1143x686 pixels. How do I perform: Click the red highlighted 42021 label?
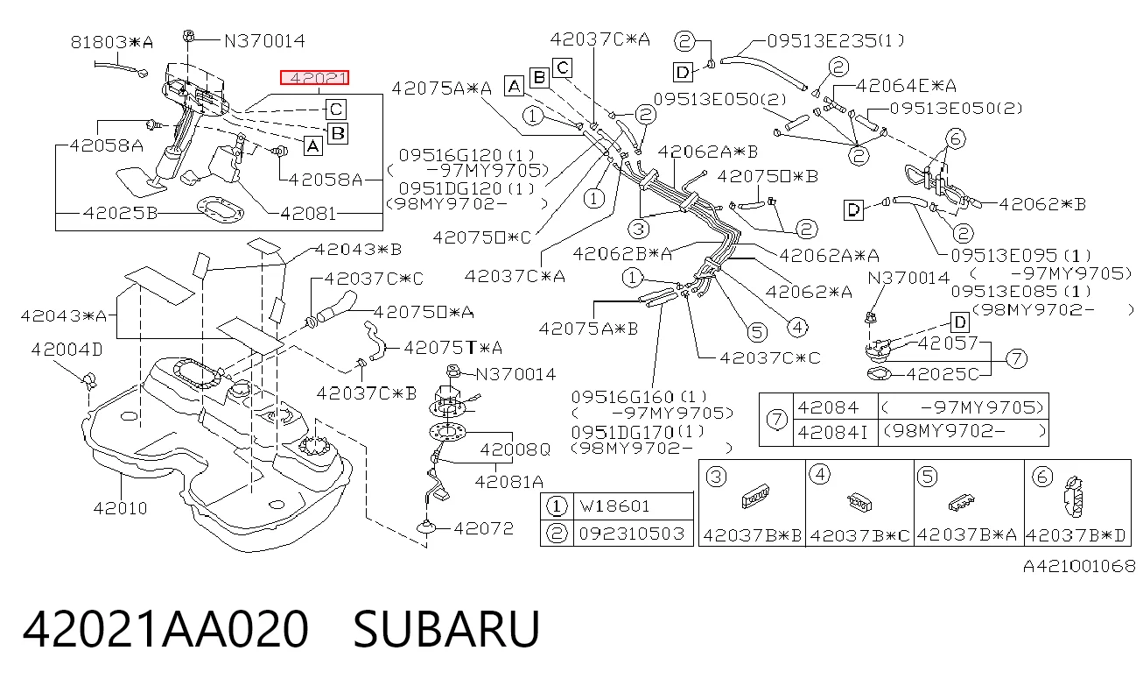coord(314,78)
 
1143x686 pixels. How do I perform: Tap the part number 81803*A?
coord(112,42)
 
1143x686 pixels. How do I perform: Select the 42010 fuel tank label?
coord(121,508)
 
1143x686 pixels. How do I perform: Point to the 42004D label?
coord(67,350)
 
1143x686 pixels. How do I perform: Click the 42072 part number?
coord(483,528)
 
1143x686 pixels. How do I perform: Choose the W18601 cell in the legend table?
coord(633,506)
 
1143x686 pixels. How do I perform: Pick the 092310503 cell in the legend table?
coord(633,534)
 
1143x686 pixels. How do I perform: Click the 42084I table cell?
coord(835,432)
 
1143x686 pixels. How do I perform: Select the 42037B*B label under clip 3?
coord(752,534)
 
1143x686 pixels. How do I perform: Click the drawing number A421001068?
coord(1079,566)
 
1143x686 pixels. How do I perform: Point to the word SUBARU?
coord(446,629)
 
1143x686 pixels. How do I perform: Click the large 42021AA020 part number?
coord(165,629)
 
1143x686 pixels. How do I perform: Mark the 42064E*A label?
coord(906,85)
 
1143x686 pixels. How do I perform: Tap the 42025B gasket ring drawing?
coord(221,210)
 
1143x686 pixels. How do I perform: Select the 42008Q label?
coord(515,449)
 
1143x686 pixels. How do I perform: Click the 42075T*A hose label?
coord(453,348)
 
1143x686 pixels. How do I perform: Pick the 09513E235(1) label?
coord(835,40)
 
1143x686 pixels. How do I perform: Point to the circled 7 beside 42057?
coord(1016,358)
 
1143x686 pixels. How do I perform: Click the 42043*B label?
coord(358,250)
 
